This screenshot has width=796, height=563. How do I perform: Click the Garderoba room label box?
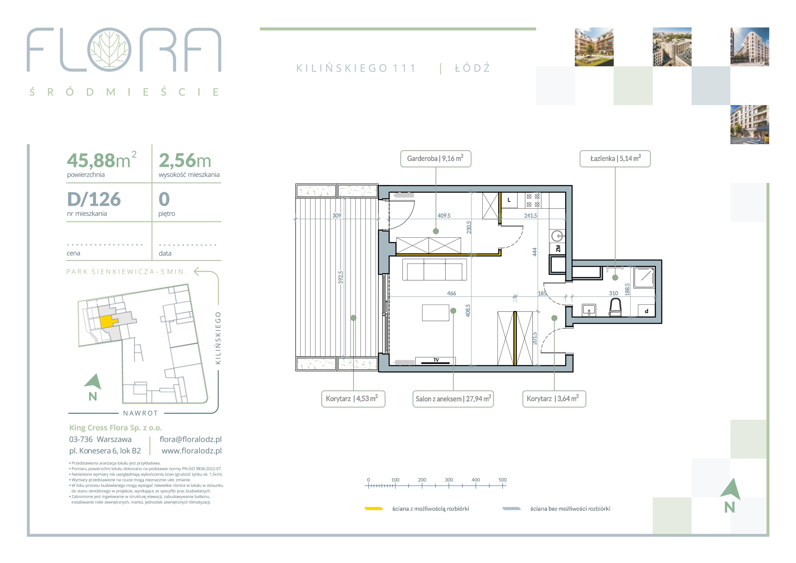[436, 159]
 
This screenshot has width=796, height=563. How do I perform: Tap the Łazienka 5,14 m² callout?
[615, 159]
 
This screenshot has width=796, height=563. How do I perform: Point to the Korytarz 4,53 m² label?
[353, 398]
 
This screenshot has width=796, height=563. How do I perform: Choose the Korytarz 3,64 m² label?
[554, 398]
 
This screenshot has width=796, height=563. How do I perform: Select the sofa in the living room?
[434, 270]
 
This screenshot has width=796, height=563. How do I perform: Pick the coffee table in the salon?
[436, 313]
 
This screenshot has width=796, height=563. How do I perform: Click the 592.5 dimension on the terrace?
[341, 277]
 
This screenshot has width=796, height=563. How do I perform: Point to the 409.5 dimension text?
[444, 215]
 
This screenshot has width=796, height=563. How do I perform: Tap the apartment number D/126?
[94, 199]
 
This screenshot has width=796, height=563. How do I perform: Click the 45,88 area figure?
[91, 160]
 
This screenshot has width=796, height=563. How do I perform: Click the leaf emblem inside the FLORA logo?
[109, 49]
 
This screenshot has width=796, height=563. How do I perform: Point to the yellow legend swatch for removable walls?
[373, 508]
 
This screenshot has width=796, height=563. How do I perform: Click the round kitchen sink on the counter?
[557, 236]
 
